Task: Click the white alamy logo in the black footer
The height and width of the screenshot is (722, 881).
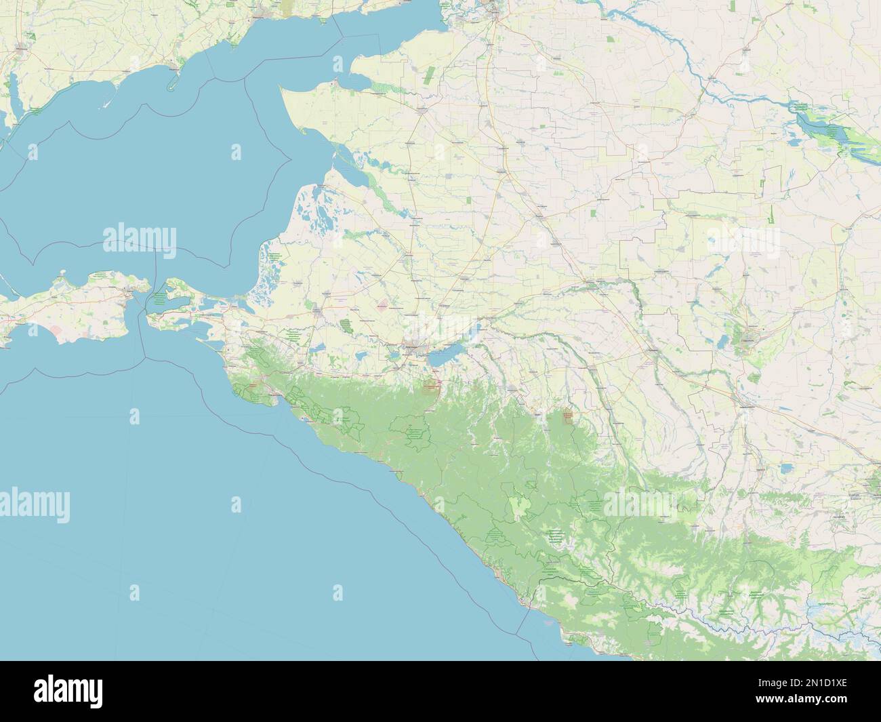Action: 68,690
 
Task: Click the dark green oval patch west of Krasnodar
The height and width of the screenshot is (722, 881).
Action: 347,327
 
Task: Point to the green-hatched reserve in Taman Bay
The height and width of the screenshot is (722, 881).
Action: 159,298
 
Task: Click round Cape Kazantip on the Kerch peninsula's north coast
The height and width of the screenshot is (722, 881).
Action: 62,277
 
